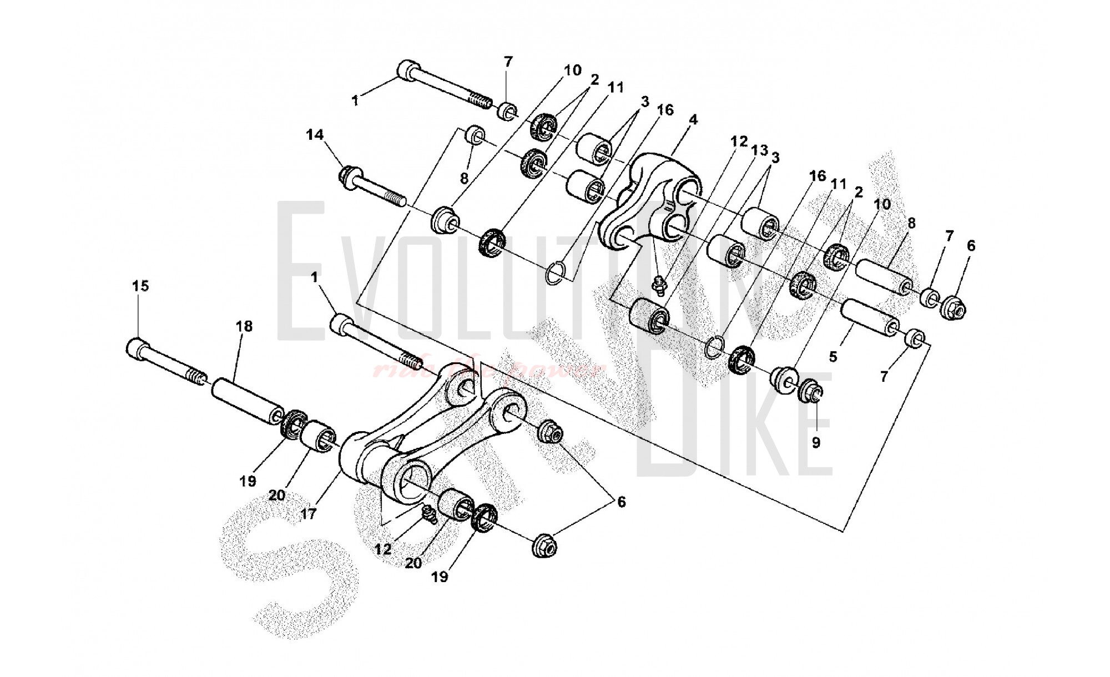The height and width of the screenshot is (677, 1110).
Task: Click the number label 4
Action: tap(693, 120)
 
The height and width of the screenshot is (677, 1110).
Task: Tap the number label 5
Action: tap(833, 357)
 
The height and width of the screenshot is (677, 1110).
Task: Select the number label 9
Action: tap(815, 443)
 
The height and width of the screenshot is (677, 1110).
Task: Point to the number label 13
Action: tap(759, 150)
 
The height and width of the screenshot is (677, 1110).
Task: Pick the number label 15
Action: tap(140, 286)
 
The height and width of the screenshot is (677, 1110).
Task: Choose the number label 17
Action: tap(309, 514)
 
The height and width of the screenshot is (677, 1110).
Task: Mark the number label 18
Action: tap(245, 326)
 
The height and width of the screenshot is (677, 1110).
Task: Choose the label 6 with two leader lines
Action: tap(621, 502)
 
